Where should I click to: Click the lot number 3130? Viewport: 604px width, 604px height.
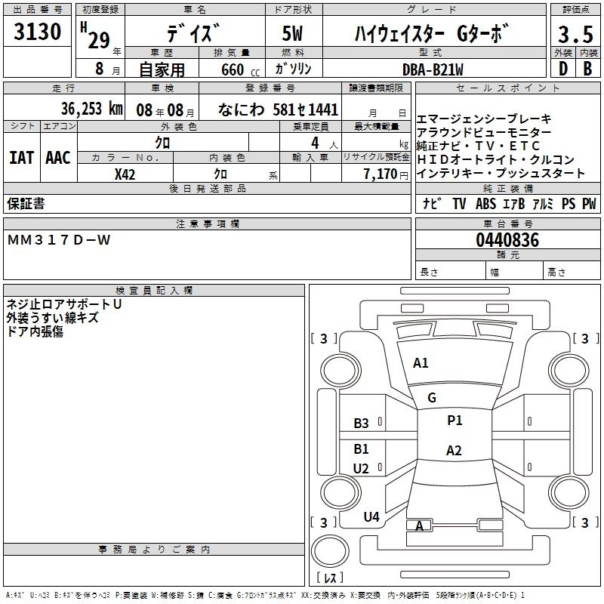tap(37, 31)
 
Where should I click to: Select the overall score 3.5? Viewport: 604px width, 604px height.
tap(575, 35)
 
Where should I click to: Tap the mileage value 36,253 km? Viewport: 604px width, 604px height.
tap(91, 109)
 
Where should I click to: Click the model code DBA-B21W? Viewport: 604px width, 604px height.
tap(433, 69)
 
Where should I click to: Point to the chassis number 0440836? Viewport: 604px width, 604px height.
tap(507, 240)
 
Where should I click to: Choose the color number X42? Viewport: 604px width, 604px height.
tap(125, 174)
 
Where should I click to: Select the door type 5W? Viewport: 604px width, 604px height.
tap(292, 33)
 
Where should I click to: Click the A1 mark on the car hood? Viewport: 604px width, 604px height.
tap(421, 363)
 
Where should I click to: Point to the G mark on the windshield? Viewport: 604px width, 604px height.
tap(432, 398)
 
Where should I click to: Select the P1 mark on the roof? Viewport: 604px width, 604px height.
tap(455, 421)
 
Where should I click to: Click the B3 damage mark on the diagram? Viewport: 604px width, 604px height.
tap(362, 424)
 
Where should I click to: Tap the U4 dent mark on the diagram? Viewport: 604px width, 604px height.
tap(371, 517)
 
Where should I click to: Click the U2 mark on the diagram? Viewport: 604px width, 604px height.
tap(362, 469)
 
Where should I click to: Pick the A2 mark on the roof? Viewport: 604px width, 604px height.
tap(454, 451)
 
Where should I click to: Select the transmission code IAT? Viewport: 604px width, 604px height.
tap(22, 158)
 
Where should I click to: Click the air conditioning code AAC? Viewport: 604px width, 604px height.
tap(58, 158)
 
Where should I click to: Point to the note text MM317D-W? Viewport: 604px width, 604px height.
tap(59, 240)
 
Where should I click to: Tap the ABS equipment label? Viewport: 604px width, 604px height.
tap(485, 204)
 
